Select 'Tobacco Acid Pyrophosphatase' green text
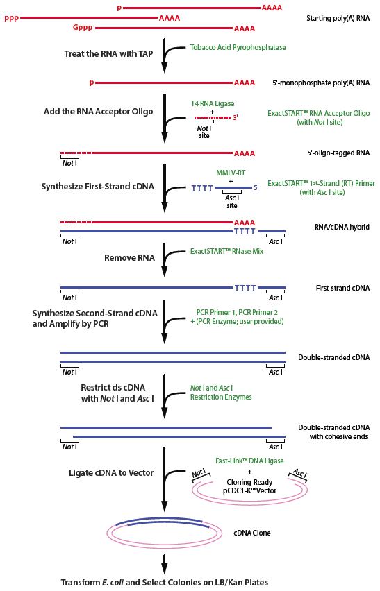point(238,47)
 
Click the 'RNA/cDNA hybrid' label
point(342,227)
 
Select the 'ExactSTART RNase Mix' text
point(226,252)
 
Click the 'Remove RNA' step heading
point(129,257)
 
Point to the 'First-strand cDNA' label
point(343,287)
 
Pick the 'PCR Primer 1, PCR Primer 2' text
point(236,313)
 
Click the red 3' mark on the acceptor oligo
point(236,118)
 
